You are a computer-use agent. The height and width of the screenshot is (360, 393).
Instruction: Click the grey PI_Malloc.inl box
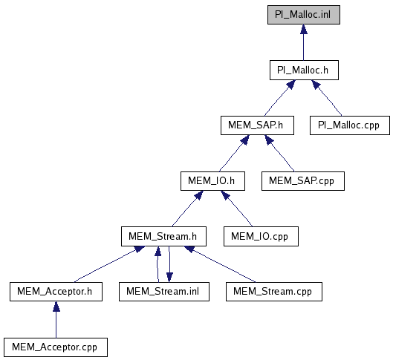(x=304, y=15)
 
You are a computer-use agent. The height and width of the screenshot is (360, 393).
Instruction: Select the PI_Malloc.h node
(x=304, y=70)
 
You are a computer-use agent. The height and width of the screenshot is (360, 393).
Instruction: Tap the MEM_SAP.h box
(x=257, y=125)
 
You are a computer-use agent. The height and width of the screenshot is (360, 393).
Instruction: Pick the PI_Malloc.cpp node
(x=350, y=125)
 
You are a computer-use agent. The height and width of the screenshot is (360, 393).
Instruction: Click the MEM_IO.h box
(x=212, y=181)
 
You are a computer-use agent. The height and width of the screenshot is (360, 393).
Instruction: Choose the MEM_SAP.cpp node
(x=303, y=181)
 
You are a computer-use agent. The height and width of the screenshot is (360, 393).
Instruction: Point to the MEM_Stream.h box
(x=163, y=236)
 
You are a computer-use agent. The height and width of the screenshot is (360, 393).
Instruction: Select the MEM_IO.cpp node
(x=261, y=236)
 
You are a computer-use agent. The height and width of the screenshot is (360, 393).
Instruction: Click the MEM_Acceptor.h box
(x=56, y=292)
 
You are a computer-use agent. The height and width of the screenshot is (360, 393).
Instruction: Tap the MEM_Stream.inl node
(x=164, y=292)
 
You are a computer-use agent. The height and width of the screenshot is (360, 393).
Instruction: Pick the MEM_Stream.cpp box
(x=274, y=292)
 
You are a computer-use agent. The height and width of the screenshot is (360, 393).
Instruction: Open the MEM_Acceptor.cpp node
(x=56, y=347)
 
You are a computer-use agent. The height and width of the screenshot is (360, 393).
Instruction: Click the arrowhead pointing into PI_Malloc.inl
(x=304, y=29)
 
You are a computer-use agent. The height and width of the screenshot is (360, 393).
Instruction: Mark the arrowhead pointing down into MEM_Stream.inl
(x=169, y=278)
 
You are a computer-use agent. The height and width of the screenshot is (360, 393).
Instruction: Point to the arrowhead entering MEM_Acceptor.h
(x=56, y=306)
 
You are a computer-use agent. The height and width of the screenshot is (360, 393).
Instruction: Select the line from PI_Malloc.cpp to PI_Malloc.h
(x=327, y=98)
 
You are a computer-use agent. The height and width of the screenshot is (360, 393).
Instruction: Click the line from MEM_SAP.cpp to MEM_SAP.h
(x=279, y=153)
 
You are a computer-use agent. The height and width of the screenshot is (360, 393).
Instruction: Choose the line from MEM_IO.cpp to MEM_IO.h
(x=236, y=209)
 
